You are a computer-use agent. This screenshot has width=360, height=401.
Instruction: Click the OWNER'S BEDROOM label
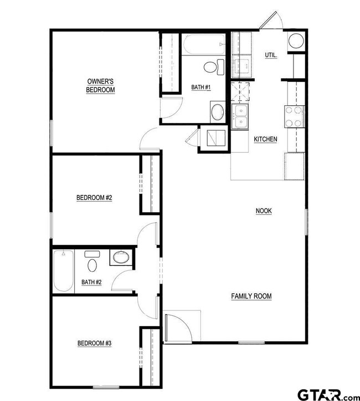tap(100, 85)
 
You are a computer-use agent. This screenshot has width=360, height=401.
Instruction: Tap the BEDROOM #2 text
tap(94, 197)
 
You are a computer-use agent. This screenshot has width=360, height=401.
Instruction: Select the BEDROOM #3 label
tap(94, 343)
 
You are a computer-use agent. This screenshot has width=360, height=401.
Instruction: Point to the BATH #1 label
tap(201, 87)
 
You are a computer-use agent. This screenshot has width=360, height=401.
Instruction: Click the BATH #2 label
tap(91, 282)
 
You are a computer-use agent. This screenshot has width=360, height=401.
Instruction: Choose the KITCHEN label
tap(265, 139)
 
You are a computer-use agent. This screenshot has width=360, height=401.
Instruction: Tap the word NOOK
tap(263, 210)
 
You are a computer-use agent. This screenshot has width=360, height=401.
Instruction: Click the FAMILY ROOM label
tap(251, 296)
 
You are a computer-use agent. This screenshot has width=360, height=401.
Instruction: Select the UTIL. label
tap(271, 55)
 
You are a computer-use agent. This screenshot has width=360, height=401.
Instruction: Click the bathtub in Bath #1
tap(204, 44)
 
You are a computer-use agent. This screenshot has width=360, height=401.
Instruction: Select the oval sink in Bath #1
tap(218, 111)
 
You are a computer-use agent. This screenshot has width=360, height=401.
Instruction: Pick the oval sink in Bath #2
tap(120, 257)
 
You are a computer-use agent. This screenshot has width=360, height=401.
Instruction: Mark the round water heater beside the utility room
tap(296, 42)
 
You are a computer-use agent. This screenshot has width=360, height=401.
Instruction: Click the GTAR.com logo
tap(328, 394)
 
